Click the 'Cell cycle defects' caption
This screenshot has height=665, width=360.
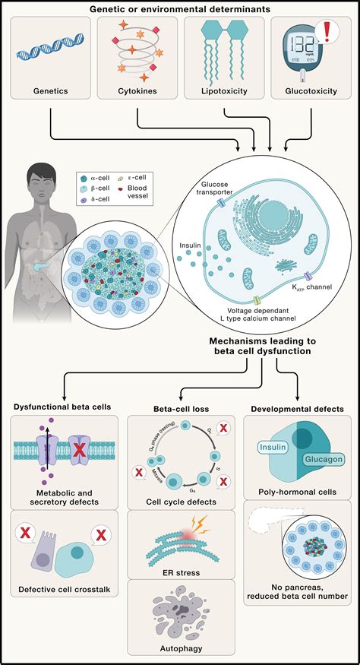click(x=179, y=502)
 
